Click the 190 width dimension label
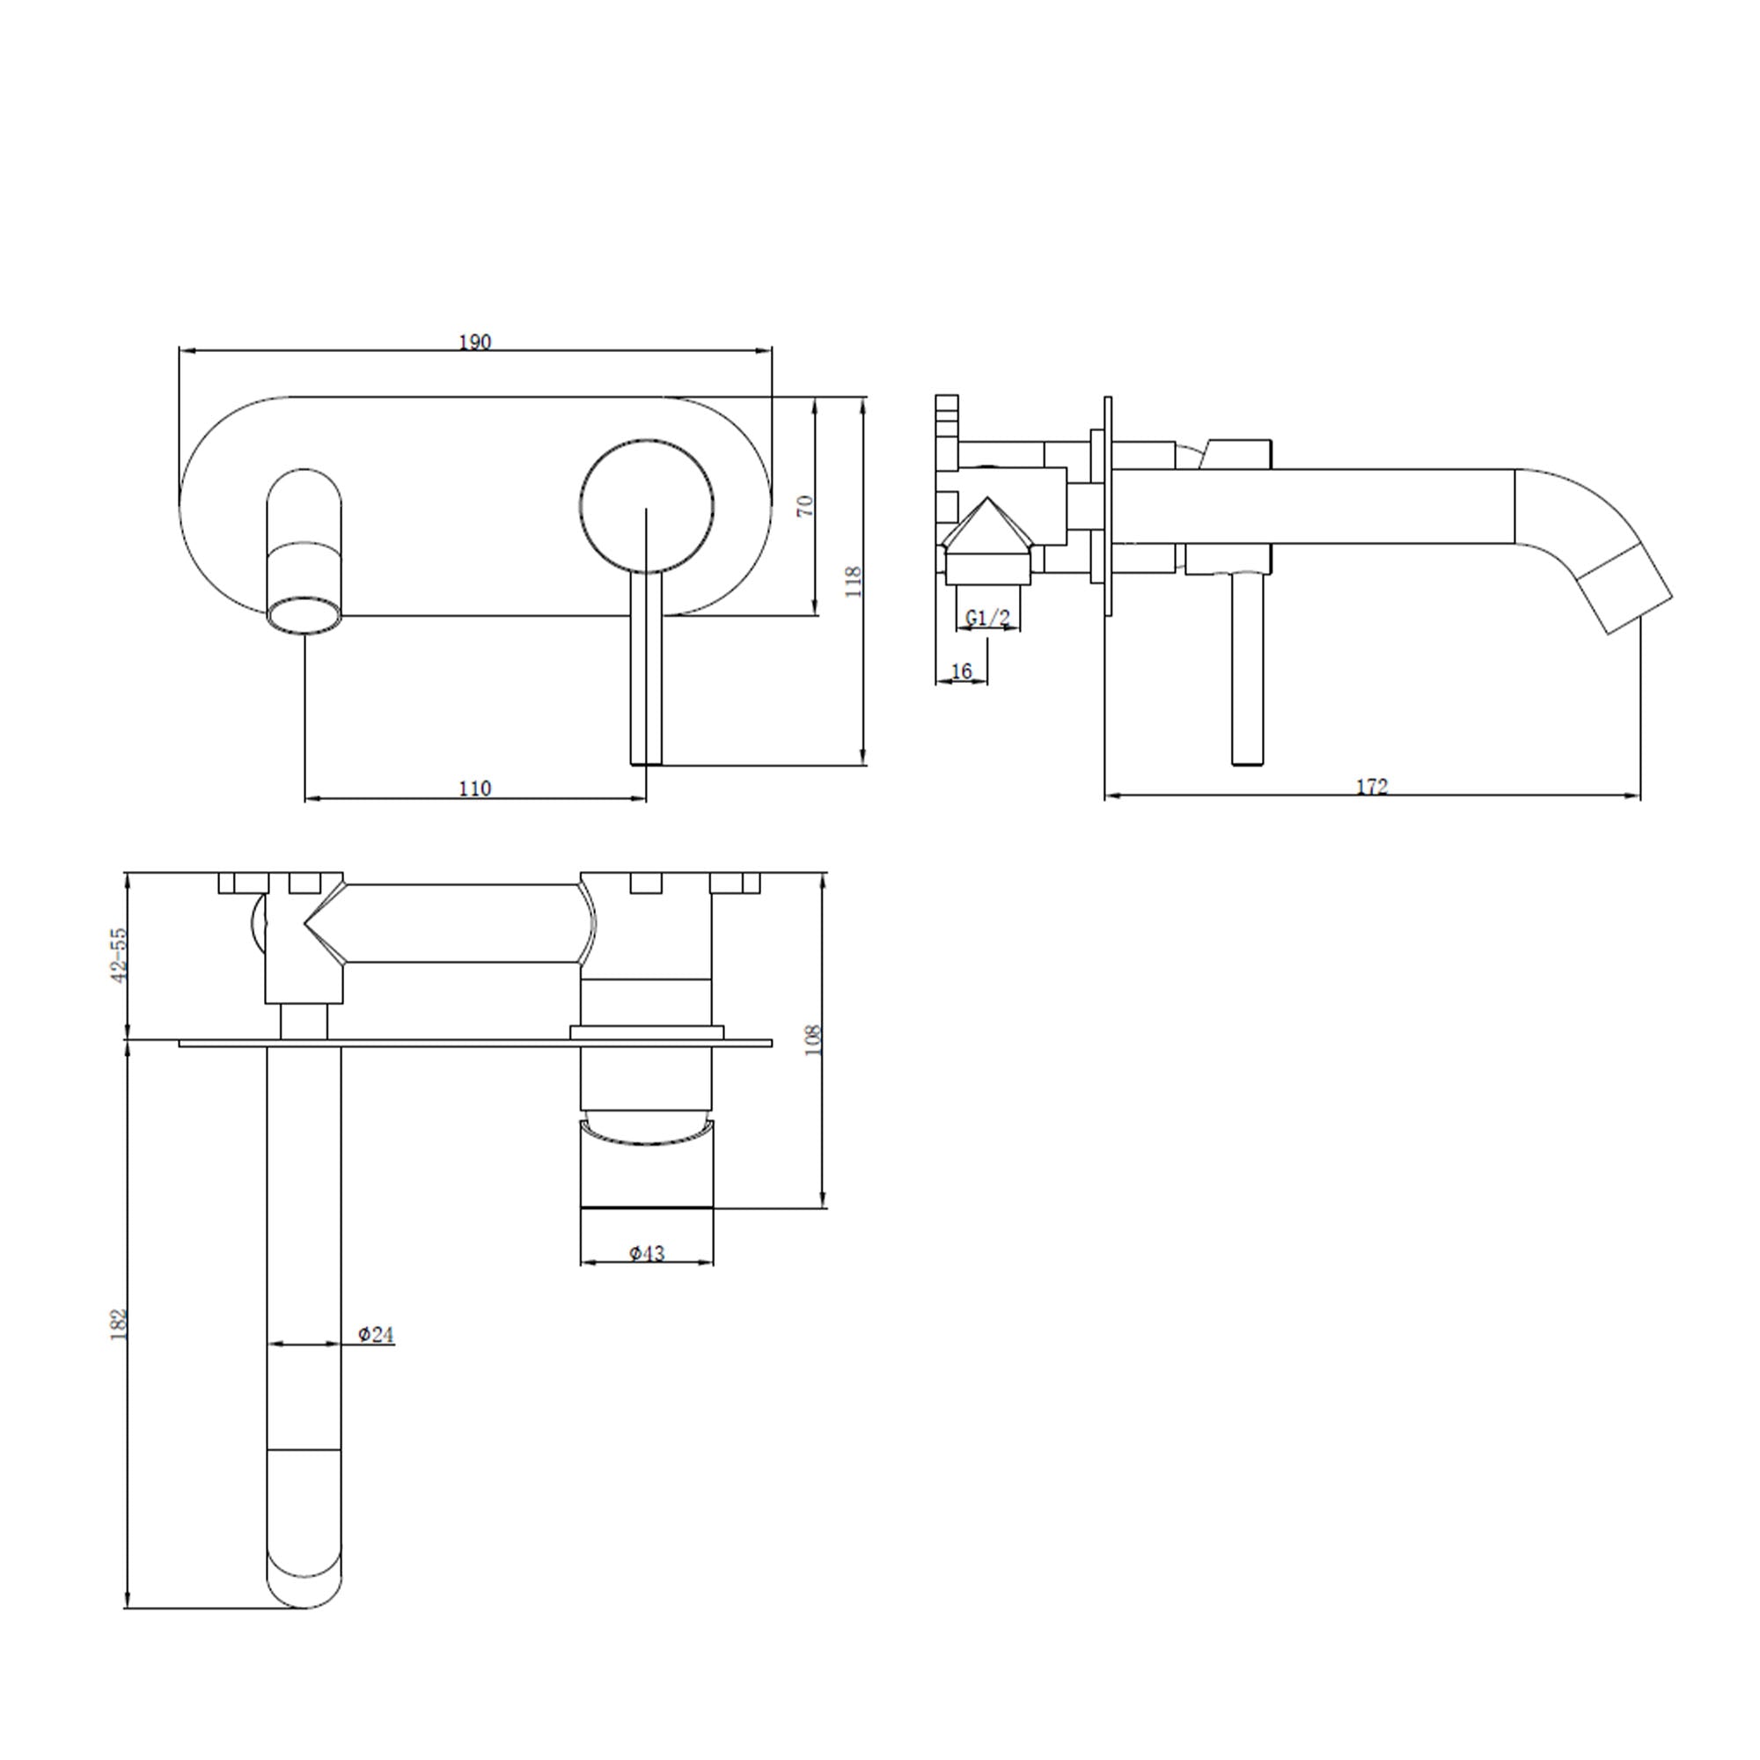tap(474, 341)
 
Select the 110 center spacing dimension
tap(474, 788)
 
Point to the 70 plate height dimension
tap(805, 507)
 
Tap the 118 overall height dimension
tap(854, 581)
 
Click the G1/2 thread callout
tap(987, 618)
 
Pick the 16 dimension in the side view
tap(961, 671)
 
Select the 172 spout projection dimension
tap(1372, 786)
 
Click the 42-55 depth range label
tap(119, 955)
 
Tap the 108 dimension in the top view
tap(814, 1040)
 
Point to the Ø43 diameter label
tap(647, 1253)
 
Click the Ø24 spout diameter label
tap(376, 1335)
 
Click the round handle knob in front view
tap(647, 508)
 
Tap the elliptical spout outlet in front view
tap(305, 613)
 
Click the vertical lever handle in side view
tap(1247, 670)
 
